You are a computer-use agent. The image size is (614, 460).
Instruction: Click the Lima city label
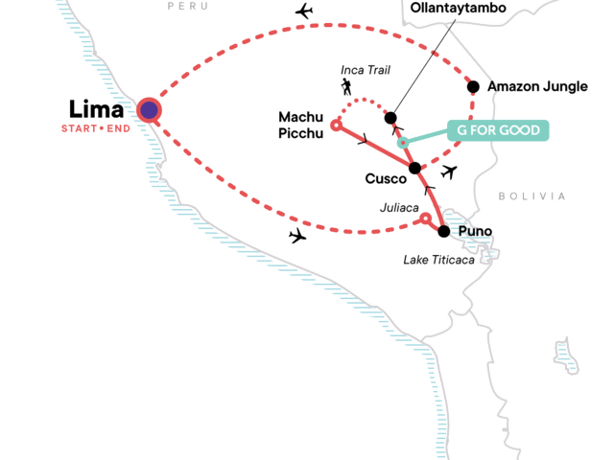tap(97, 109)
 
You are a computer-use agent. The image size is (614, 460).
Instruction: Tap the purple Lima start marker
tap(149, 110)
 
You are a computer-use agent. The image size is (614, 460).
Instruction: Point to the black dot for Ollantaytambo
tap(390, 118)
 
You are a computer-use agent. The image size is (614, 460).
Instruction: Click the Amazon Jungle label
tap(537, 86)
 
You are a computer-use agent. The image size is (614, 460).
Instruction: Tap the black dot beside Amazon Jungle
tap(473, 87)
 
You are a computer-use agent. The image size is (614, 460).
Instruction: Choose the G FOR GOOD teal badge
tap(499, 130)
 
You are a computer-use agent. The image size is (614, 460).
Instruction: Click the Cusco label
tap(387, 179)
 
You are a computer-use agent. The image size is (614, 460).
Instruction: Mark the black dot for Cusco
tap(415, 169)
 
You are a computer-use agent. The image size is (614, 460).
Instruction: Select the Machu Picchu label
tap(301, 125)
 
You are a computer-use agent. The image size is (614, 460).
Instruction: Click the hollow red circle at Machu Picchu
tap(336, 125)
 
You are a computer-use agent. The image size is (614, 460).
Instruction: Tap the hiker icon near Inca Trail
tap(345, 88)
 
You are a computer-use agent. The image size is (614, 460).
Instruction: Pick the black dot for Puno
tap(443, 231)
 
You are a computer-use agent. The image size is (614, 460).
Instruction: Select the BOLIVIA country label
tap(532, 196)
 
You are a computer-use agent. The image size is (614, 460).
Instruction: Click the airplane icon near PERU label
tap(304, 11)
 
